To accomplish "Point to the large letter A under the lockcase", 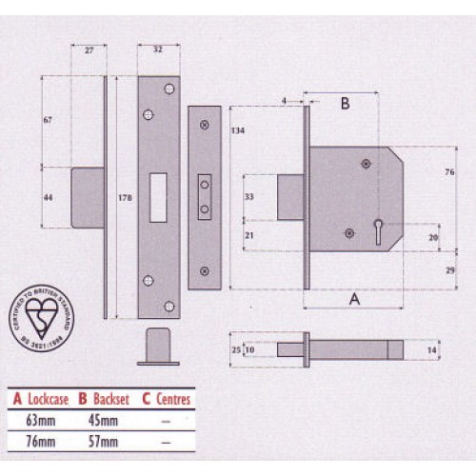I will point(355,298).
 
